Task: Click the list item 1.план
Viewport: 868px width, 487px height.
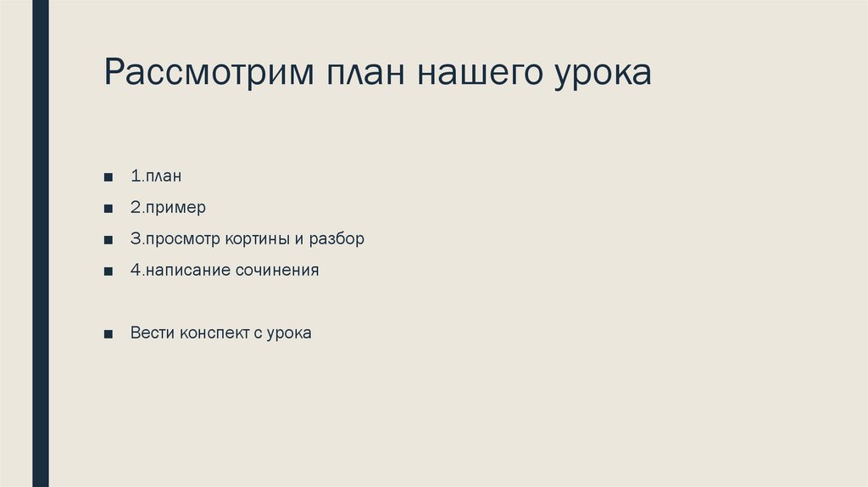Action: tap(157, 176)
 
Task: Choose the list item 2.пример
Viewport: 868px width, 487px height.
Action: tap(168, 208)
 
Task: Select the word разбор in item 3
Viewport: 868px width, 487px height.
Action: tap(336, 239)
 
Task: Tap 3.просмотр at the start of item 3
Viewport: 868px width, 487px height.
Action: tap(175, 239)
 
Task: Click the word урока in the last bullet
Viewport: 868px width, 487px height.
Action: tap(290, 333)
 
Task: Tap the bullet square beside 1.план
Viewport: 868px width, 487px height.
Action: tap(108, 177)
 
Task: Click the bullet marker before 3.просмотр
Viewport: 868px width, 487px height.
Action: tap(108, 240)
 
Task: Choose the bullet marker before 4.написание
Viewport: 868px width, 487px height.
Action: tap(108, 271)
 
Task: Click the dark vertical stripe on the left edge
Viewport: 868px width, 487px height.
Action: tap(40, 243)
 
